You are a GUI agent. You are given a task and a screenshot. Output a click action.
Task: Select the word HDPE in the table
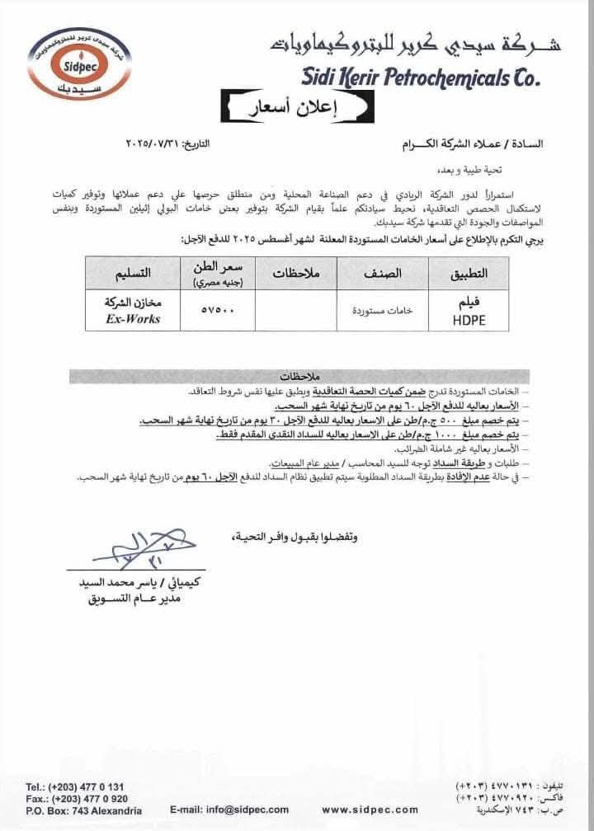467,320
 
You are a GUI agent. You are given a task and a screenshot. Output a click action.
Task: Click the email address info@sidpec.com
229,810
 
